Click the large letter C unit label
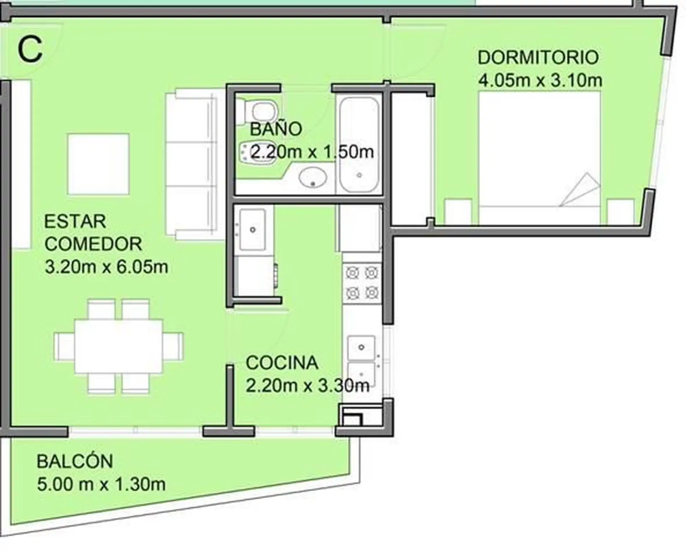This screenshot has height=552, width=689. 30,50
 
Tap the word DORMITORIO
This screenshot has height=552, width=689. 538,57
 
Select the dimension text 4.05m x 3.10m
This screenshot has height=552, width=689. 540,80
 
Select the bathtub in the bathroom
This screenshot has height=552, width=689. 359,145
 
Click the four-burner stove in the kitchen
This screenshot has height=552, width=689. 362,283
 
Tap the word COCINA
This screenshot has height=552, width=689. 282,363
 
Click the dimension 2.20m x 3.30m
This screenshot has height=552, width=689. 308,386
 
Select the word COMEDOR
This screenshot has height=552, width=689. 93,244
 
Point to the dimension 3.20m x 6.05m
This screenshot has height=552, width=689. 107,267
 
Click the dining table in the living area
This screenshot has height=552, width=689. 118,346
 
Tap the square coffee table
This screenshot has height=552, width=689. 98,164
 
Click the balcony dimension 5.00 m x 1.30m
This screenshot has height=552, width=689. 101,484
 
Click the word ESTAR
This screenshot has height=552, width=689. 75,221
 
